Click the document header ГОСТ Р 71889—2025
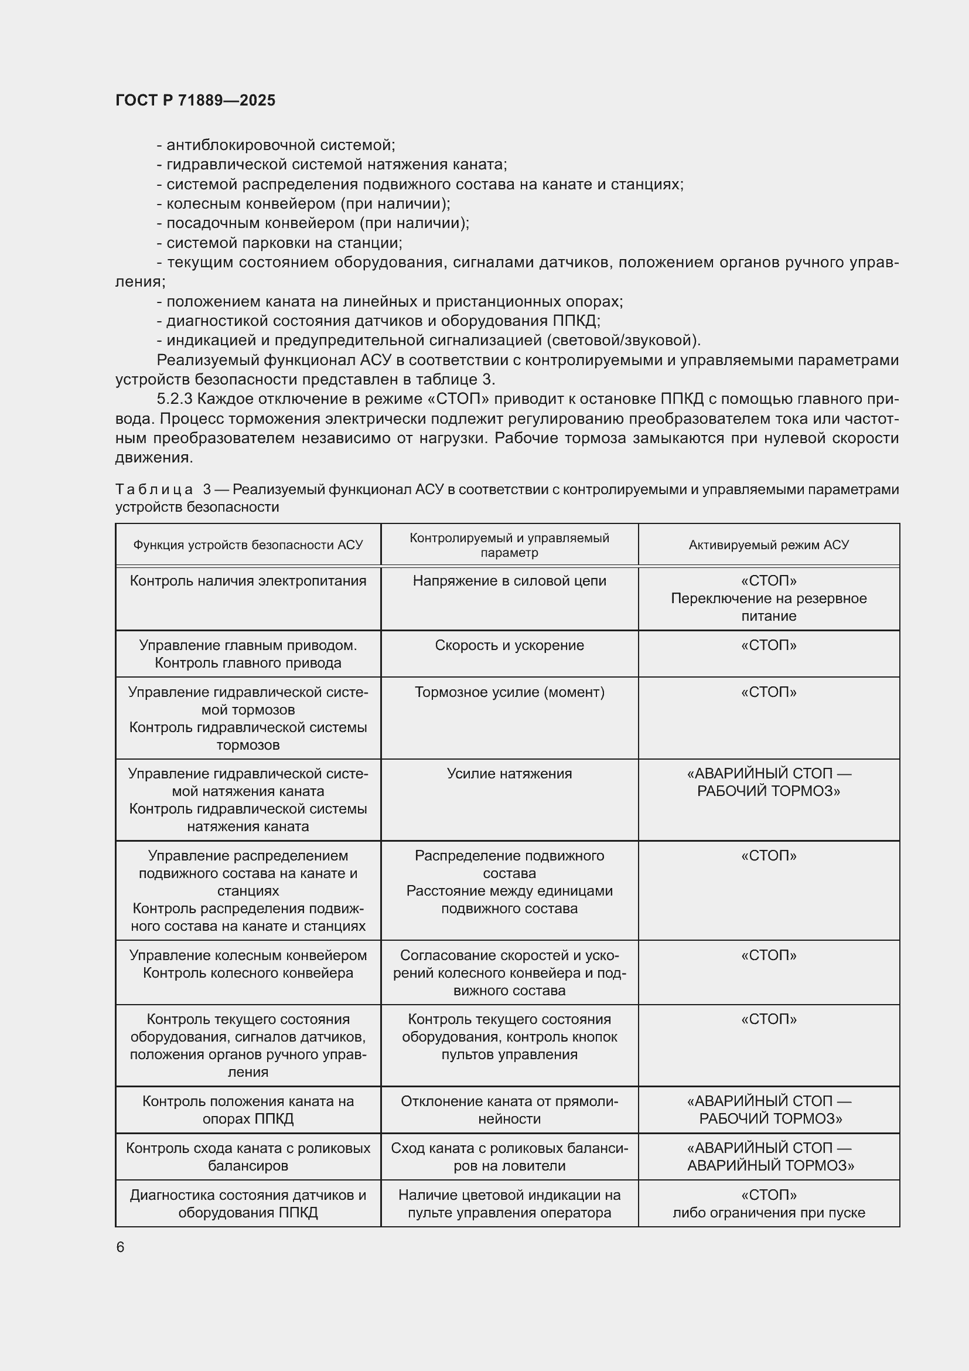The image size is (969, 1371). [195, 100]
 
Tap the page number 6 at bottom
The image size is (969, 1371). [120, 1247]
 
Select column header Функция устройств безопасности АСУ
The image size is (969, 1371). [248, 545]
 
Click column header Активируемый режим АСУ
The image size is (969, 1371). [769, 545]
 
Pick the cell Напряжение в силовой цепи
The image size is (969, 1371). [509, 581]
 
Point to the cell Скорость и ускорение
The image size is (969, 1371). [509, 645]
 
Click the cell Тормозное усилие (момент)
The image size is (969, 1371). [509, 692]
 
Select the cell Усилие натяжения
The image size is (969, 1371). [509, 774]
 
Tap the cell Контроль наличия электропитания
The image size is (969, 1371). [248, 581]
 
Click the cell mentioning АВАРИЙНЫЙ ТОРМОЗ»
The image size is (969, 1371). [770, 1156]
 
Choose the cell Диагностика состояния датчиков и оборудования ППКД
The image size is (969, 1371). [248, 1204]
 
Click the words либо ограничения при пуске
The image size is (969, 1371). [769, 1213]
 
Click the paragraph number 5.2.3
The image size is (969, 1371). [174, 399]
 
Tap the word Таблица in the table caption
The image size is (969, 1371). [154, 489]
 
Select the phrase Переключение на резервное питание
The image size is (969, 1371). [769, 607]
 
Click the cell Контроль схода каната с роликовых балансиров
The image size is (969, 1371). [248, 1156]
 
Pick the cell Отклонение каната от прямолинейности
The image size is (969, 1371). [509, 1110]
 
